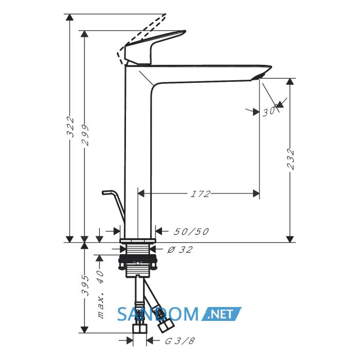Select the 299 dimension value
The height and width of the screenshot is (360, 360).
pos(85,135)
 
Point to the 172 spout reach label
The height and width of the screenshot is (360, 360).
pos(200,194)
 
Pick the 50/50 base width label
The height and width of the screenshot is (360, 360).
pos(191,231)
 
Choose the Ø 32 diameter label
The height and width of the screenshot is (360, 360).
pos(180,249)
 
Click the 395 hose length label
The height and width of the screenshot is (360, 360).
pos(85,285)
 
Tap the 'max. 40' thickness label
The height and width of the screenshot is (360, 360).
pos(101,295)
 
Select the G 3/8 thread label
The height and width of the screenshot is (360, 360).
pos(180,341)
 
